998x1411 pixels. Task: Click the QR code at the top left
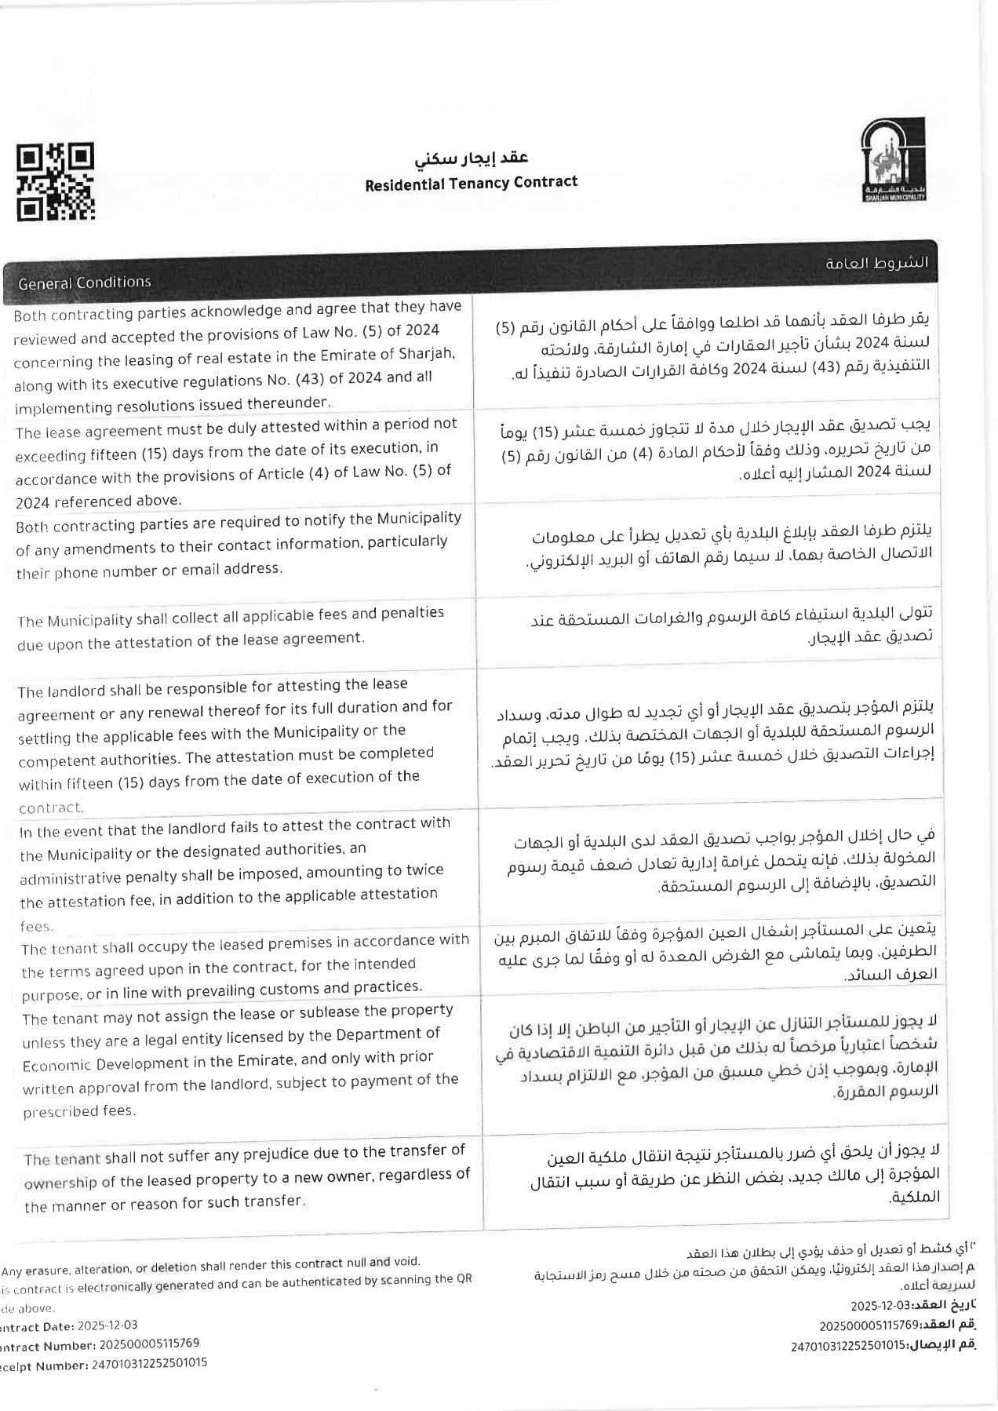[x=55, y=181]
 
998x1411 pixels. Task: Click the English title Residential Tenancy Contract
[x=471, y=183]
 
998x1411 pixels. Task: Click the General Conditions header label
[x=84, y=283]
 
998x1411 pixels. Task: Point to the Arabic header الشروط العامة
[x=876, y=263]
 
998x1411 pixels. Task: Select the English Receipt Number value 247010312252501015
[x=150, y=1364]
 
